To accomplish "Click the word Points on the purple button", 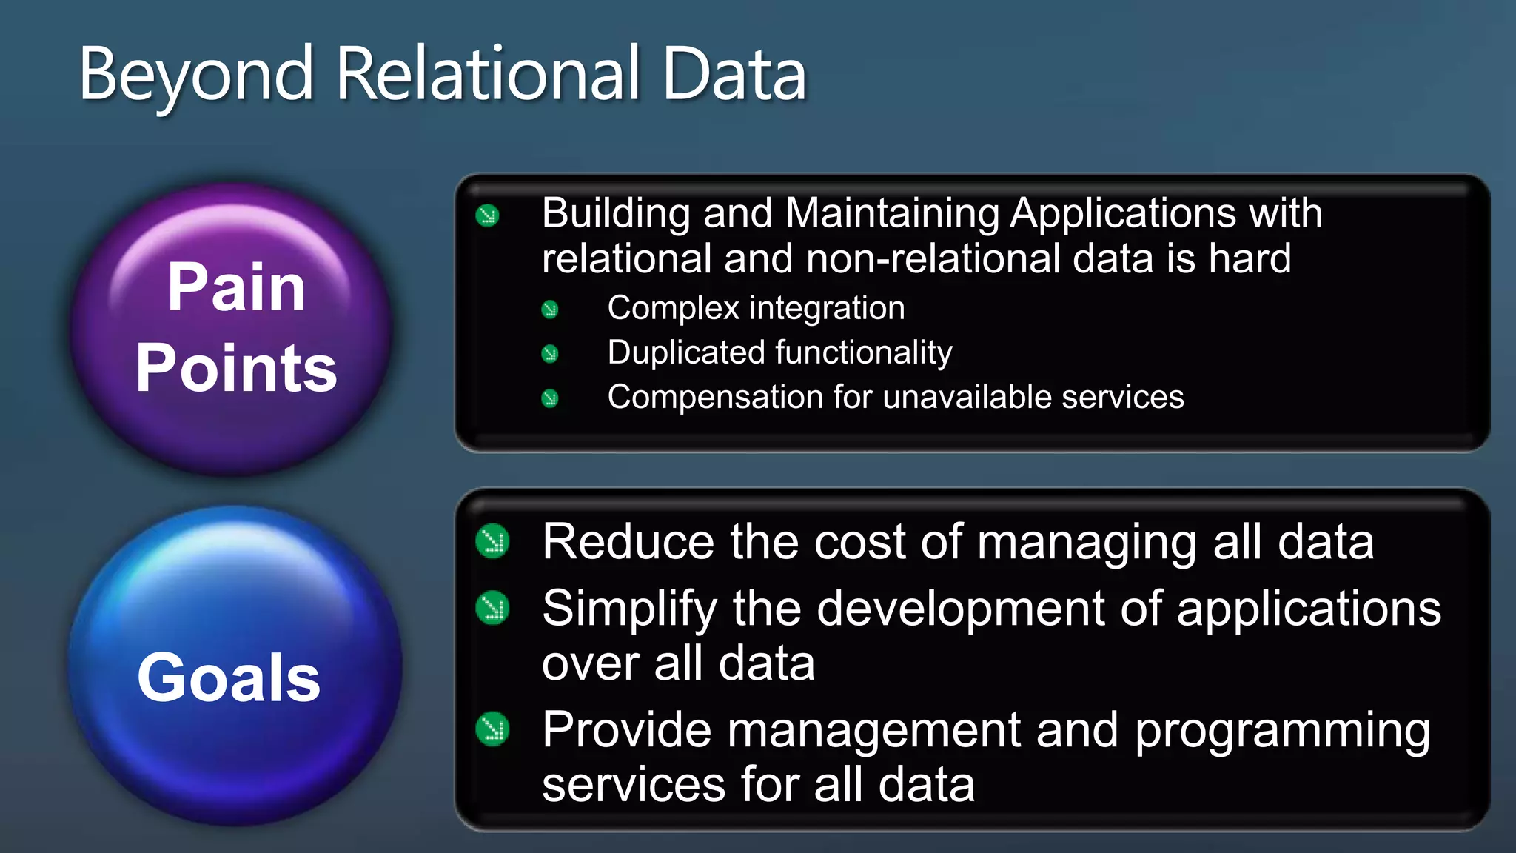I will tap(236, 368).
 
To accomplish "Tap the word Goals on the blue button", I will tap(229, 678).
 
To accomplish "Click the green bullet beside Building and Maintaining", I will tap(488, 215).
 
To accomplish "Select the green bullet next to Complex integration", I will tap(549, 310).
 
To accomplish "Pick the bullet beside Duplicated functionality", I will tap(549, 354).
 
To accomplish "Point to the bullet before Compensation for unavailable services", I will tap(549, 398).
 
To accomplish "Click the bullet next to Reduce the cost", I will tap(492, 541).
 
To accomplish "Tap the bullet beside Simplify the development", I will tap(492, 609).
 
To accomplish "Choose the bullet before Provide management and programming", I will tap(492, 729).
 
